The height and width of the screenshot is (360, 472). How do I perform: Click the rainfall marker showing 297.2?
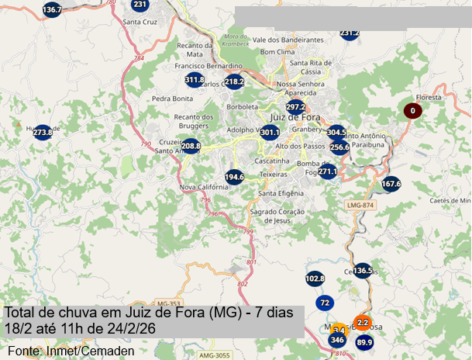click(295, 107)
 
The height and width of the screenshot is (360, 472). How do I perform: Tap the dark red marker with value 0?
click(413, 111)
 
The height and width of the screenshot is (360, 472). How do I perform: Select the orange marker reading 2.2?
click(363, 322)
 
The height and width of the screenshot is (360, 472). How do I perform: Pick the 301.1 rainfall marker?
click(269, 133)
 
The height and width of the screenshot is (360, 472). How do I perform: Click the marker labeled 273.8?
click(43, 133)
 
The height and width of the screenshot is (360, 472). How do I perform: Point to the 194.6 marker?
click(235, 177)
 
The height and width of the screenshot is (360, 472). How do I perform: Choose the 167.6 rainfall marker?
click(391, 184)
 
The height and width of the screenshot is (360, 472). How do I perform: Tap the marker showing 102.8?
click(315, 278)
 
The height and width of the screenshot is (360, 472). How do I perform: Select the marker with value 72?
click(325, 303)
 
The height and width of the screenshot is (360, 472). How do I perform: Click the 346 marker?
click(336, 340)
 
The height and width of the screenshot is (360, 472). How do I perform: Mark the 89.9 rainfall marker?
click(364, 342)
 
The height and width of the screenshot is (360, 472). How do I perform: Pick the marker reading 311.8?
click(195, 80)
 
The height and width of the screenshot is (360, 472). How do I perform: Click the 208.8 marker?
click(191, 146)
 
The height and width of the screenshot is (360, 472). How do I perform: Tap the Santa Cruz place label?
click(140, 22)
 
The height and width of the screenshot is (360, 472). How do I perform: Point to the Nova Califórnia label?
click(202, 187)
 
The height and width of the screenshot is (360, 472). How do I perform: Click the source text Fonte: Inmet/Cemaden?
click(66, 351)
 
